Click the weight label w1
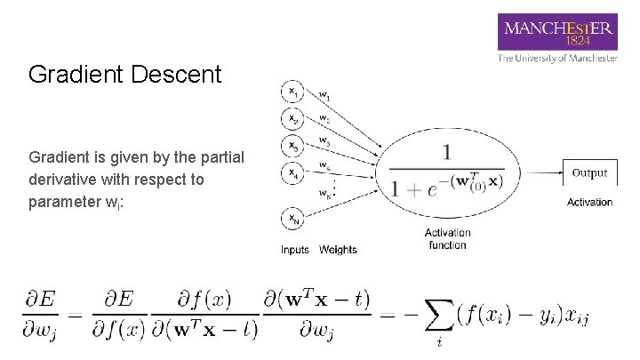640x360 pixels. pos(325,96)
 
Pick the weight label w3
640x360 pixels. pos(325,141)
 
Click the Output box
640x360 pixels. pos(589,173)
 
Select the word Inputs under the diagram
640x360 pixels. pos(295,250)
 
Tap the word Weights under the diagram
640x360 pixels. pos(338,250)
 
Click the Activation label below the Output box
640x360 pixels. pos(589,202)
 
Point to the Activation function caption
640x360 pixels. pos(447,239)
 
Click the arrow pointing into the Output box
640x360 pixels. pos(540,173)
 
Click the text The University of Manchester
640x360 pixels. pos(557,58)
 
